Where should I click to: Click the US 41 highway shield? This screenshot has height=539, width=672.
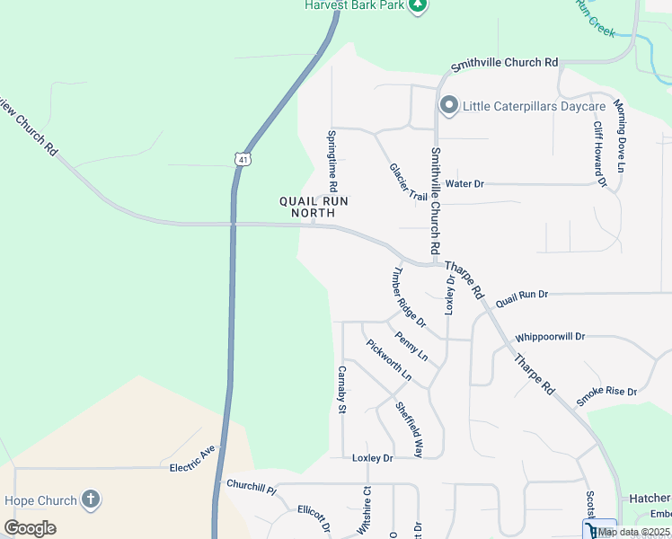243,159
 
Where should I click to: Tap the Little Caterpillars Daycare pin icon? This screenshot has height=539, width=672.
448,107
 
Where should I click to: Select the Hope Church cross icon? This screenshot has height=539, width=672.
90,499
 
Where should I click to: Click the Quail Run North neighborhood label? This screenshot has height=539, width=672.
307,207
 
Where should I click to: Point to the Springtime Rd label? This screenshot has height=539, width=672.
332,161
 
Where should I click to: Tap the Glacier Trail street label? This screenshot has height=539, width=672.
409,181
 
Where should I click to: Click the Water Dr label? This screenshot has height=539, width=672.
464,183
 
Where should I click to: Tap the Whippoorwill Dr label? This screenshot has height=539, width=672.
549,337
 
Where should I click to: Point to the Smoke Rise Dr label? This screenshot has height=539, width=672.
606,393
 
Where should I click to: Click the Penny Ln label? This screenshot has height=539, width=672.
411,347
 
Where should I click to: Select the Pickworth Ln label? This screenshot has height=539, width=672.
388,359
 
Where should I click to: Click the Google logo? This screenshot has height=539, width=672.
31,527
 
